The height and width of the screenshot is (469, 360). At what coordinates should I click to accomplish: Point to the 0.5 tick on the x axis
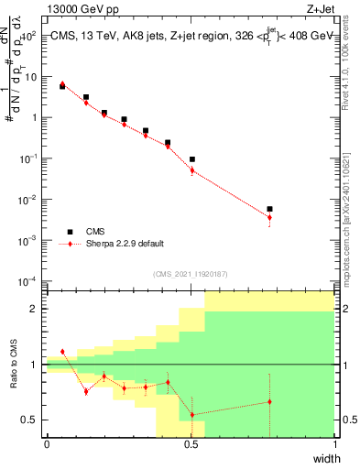tap(191, 444)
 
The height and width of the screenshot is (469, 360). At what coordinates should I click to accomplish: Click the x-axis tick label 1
tap(335, 444)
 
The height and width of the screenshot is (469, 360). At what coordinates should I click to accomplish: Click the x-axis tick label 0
tap(47, 444)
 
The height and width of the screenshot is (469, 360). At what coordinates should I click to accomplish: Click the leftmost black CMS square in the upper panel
tap(62, 86)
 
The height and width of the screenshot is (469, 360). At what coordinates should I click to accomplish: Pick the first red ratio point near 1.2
tap(62, 352)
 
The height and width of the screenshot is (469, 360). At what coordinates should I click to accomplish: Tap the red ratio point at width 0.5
tap(191, 415)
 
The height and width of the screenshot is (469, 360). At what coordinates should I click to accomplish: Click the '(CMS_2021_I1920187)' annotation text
tap(191, 273)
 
